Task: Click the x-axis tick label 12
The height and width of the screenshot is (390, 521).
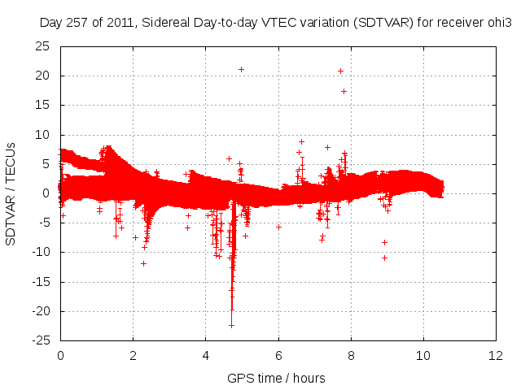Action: coord(496,355)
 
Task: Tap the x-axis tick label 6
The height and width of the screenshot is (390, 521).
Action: coord(278,355)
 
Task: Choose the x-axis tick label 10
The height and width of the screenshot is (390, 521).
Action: coord(423,355)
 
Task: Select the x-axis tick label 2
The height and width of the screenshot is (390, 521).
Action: coord(133,355)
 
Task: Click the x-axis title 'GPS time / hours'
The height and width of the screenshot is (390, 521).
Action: coord(276,378)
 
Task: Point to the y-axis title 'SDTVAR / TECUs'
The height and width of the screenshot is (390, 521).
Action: coord(11,193)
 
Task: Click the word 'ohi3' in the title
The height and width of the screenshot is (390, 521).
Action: coord(497,23)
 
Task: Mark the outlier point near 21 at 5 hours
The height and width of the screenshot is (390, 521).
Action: coord(241,69)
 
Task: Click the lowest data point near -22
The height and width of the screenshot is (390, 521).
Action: coord(232,325)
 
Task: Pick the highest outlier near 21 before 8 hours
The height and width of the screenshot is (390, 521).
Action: coord(340,71)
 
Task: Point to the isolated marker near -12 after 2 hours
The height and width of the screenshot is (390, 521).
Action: coord(143,263)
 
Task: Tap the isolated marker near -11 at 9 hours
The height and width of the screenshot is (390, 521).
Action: coord(384,258)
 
